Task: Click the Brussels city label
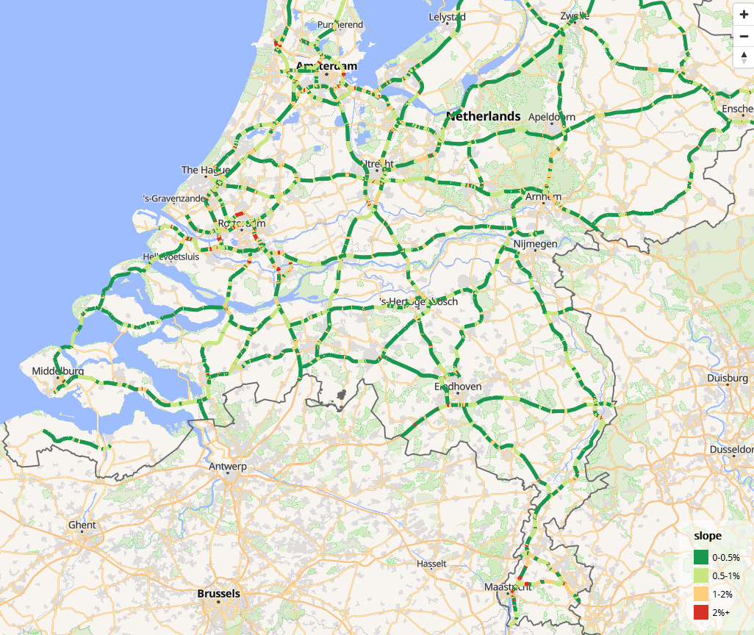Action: click(x=218, y=593)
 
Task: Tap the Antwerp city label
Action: click(x=228, y=467)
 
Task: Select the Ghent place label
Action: click(x=82, y=525)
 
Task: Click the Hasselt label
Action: click(x=431, y=564)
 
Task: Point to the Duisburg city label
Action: click(x=727, y=378)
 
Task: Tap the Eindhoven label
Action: click(x=458, y=386)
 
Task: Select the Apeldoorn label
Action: click(x=552, y=117)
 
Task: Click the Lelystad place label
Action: click(x=447, y=16)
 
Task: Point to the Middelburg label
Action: click(x=57, y=371)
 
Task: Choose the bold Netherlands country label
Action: click(x=483, y=116)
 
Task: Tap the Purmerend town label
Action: click(x=340, y=24)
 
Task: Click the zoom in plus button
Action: click(x=744, y=14)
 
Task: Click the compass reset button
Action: click(x=744, y=58)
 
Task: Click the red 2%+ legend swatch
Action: click(x=700, y=611)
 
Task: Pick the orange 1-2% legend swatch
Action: click(x=700, y=594)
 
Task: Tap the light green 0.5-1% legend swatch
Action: click(x=700, y=576)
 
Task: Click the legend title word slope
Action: click(x=708, y=536)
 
